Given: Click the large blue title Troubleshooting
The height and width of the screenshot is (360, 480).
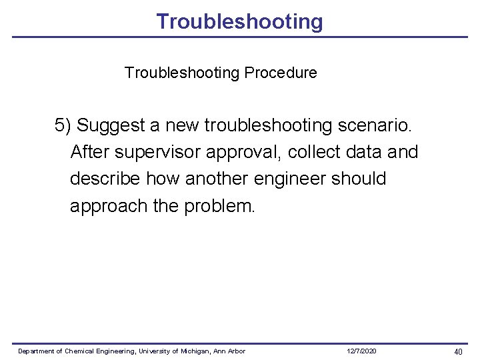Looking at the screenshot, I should click(239, 21).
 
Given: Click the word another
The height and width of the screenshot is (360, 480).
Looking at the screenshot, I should click(218, 179).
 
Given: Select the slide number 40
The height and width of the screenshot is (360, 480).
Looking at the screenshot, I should click(458, 351).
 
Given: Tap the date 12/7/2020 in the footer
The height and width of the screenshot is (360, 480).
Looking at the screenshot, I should click(361, 351).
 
